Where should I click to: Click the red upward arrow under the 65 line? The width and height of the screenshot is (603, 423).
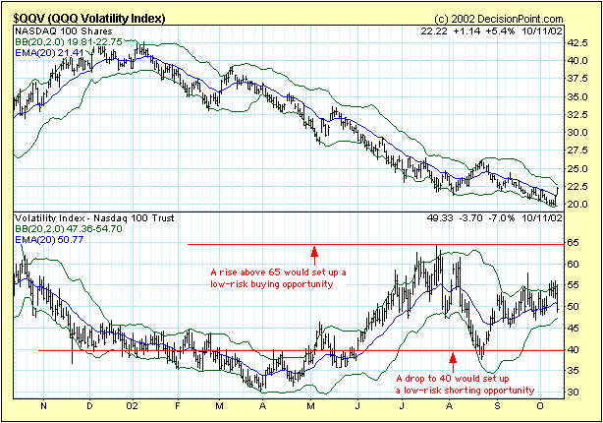coord(313,253)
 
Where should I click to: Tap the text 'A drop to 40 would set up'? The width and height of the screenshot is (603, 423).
coord(452,379)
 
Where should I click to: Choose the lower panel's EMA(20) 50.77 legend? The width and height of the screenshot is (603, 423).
coord(46,238)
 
